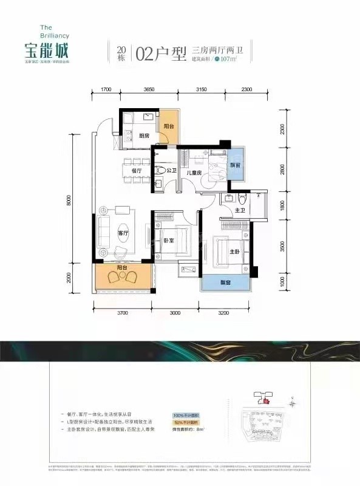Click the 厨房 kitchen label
tap(144, 136)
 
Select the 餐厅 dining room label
tap(137, 171)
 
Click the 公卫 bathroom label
tap(171, 172)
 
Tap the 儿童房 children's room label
tap(194, 172)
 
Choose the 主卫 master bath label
tap(240, 210)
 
